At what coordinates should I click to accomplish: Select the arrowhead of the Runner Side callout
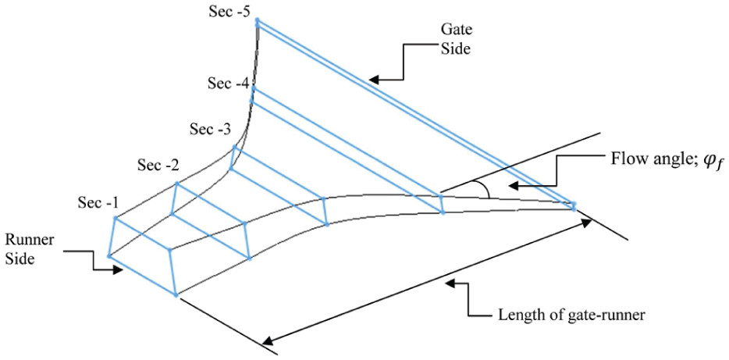click(119, 270)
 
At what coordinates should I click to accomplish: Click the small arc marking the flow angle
click(485, 187)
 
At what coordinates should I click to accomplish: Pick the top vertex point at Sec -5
click(257, 21)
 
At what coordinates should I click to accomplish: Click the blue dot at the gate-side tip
click(574, 206)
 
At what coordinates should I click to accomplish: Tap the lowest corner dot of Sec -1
click(176, 294)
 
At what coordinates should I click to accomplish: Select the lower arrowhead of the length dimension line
click(266, 340)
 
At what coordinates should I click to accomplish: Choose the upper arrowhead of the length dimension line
click(587, 222)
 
